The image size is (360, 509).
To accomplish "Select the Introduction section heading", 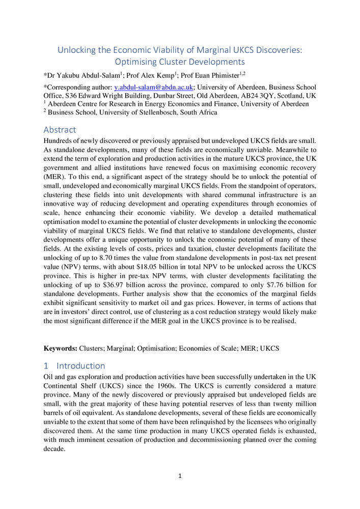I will pyautogui.click(x=81, y=365).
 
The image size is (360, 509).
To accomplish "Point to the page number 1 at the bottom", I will pyautogui.click(x=180, y=476).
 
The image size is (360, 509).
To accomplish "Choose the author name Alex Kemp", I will pyautogui.click(x=153, y=75).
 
